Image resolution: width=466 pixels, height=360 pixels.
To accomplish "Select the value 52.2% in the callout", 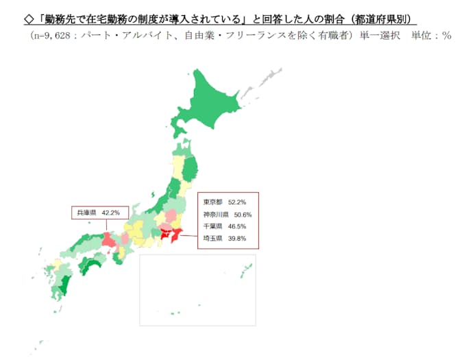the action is tap(236, 203).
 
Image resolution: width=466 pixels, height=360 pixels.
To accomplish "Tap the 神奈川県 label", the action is tap(216, 215).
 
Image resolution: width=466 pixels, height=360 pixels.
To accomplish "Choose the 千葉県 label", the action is tap(212, 226).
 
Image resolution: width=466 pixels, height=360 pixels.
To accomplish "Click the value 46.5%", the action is tap(236, 226).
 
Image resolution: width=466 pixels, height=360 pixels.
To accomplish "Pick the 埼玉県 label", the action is tap(212, 239).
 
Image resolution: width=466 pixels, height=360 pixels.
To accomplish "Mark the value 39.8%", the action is tap(236, 239).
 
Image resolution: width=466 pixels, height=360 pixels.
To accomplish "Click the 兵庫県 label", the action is tap(86, 213).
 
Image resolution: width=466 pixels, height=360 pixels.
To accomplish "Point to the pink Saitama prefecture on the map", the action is tap(167, 227).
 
